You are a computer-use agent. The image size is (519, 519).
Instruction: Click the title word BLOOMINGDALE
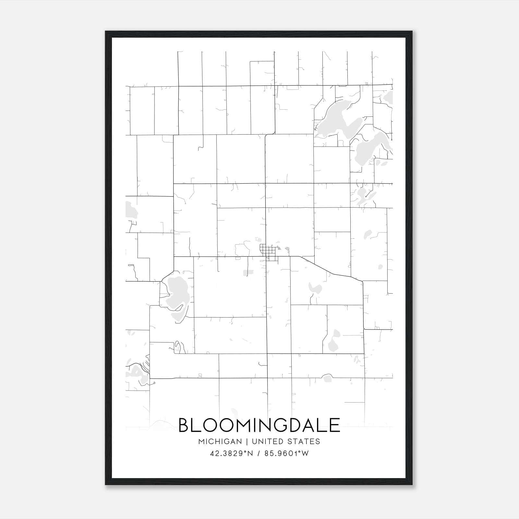pyautogui.click(x=259, y=425)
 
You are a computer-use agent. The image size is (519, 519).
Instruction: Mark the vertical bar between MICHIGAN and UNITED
pyautogui.click(x=247, y=441)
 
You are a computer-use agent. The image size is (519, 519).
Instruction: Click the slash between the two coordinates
pyautogui.click(x=259, y=453)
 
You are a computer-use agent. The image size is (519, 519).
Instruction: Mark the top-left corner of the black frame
pyautogui.click(x=106, y=31)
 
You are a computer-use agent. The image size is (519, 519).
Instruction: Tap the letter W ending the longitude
pyautogui.click(x=305, y=453)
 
